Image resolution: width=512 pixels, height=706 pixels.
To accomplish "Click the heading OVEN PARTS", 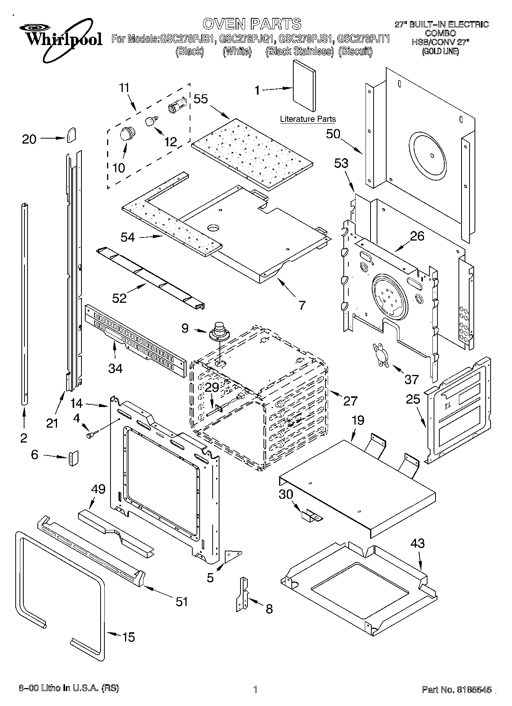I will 252,24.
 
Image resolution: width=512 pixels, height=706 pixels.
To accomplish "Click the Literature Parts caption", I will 307,119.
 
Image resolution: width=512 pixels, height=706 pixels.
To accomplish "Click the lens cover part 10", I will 126,134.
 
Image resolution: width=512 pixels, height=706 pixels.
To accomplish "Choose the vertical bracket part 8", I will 242,597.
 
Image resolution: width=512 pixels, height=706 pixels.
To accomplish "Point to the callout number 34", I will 115,368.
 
